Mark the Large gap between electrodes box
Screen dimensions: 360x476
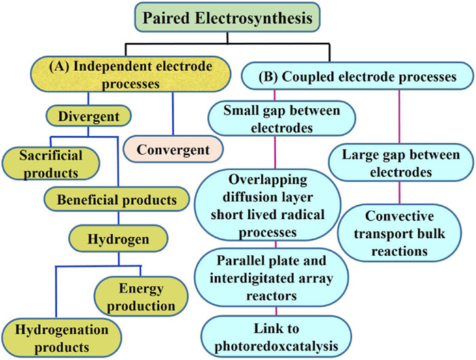(x=399, y=163)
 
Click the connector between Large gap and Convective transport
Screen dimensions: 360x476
(x=399, y=193)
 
